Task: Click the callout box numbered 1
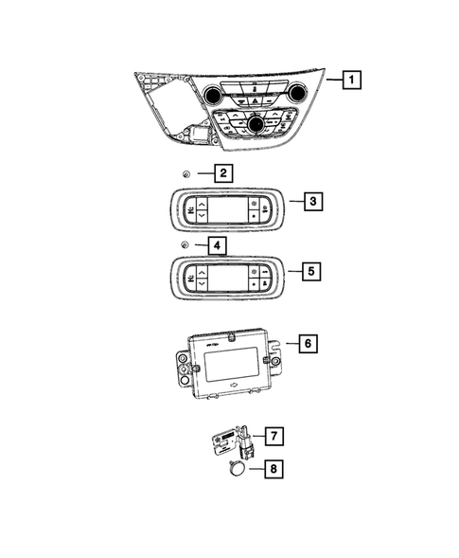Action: click(x=350, y=81)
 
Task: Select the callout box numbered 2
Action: click(x=223, y=173)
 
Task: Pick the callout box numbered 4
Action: click(x=217, y=246)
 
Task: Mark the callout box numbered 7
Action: click(x=272, y=437)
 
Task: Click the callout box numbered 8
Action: click(x=272, y=467)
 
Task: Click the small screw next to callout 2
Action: click(x=187, y=174)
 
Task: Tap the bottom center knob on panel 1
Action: click(x=255, y=123)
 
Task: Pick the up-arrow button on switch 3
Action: click(x=202, y=204)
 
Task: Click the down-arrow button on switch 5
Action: click(x=202, y=285)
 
